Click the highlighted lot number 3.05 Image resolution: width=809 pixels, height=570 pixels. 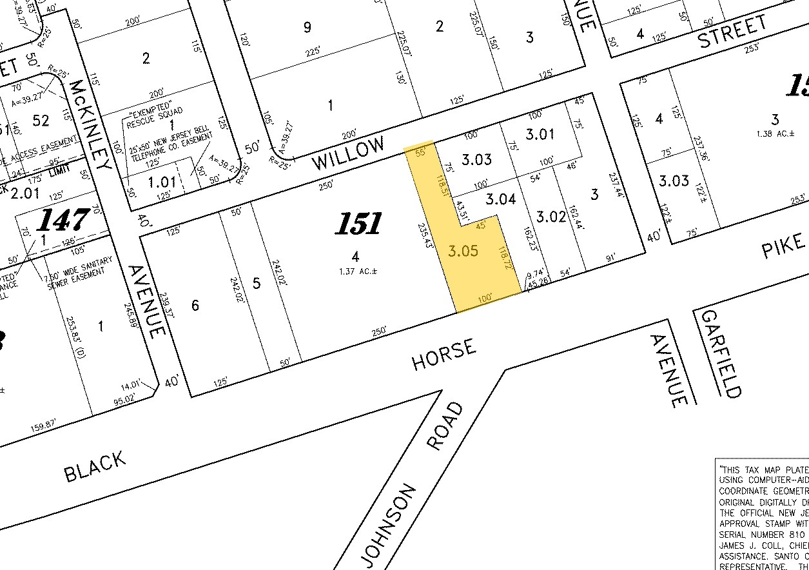tap(463, 251)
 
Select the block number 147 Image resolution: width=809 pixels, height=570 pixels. tap(62, 219)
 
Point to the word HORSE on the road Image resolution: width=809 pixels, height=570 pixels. tap(445, 355)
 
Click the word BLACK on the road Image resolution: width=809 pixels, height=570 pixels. tap(95, 466)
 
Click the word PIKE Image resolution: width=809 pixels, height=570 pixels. tap(785, 245)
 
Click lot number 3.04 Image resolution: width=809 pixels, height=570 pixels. tap(501, 199)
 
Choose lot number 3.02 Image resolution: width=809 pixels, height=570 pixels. tap(552, 217)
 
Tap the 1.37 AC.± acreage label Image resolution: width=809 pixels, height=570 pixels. tap(356, 272)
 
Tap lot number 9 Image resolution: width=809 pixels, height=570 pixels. tap(307, 27)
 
